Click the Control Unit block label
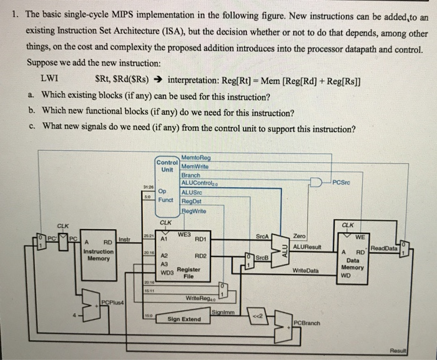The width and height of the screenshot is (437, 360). coord(167,167)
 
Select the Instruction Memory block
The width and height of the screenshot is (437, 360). coord(100,252)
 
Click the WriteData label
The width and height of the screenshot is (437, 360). coord(305,271)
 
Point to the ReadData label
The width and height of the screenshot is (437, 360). coord(384,248)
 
